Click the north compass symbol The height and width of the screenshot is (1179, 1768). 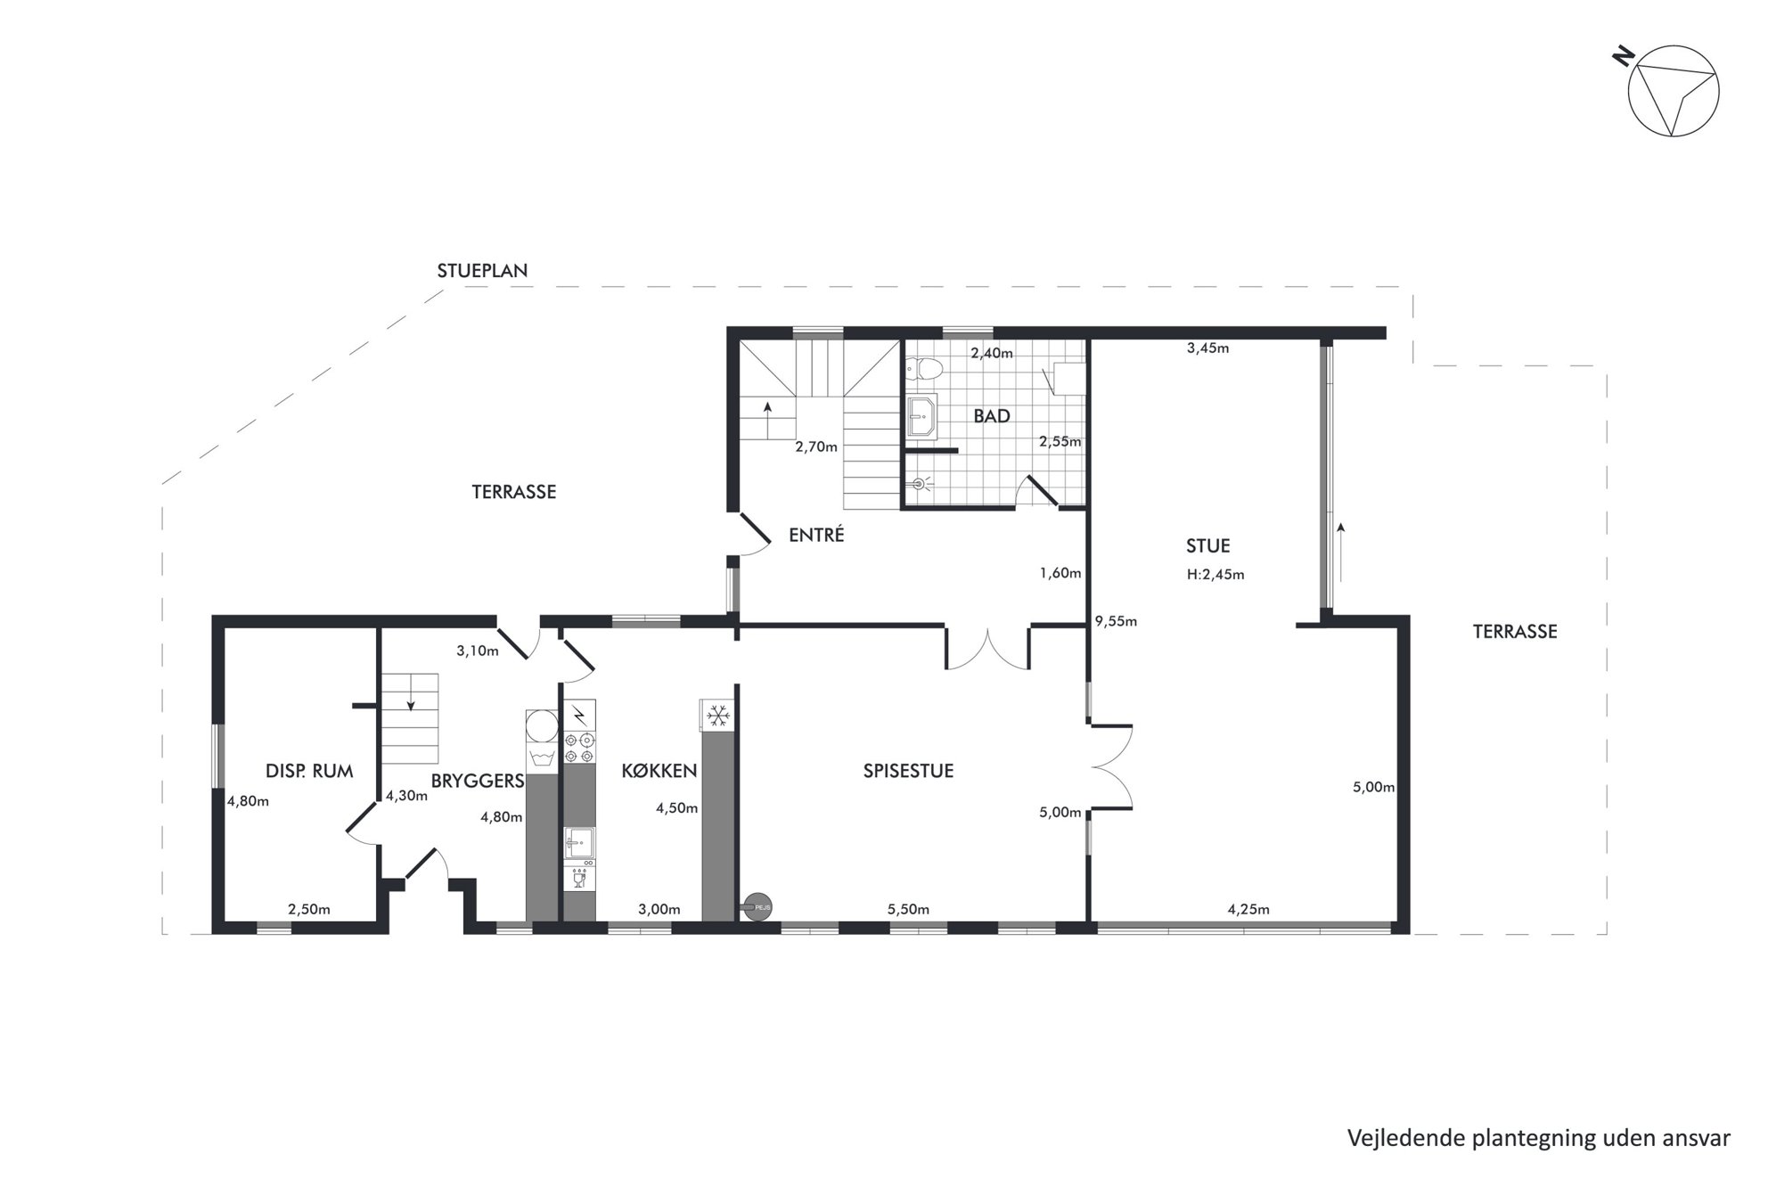tap(1673, 90)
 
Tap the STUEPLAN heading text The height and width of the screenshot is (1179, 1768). tap(482, 271)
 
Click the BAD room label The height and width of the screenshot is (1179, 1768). tap(992, 416)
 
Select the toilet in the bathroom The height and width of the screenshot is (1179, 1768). tap(924, 368)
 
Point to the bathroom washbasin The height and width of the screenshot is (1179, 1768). tap(921, 416)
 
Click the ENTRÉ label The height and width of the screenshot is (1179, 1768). tap(816, 535)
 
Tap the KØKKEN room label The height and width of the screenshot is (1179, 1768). tap(659, 771)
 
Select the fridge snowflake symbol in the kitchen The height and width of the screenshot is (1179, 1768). tap(717, 715)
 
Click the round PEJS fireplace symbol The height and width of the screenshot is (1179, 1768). tap(759, 907)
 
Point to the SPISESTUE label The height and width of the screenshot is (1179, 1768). tap(908, 771)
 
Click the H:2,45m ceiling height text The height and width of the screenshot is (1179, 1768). tap(1215, 575)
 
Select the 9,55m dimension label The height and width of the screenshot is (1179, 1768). tap(1116, 622)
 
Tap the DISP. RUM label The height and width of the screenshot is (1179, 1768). tap(309, 771)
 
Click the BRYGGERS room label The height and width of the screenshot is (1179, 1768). tap(478, 782)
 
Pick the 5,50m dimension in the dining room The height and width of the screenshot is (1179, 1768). tap(908, 909)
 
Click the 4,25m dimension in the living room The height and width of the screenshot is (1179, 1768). tap(1248, 909)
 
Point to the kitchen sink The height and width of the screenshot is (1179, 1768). tap(579, 842)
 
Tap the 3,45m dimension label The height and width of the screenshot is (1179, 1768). tap(1207, 348)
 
